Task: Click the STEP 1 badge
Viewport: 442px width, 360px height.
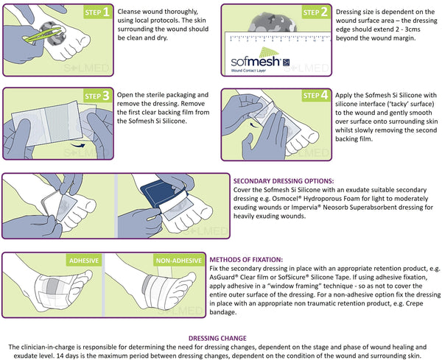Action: click(x=97, y=13)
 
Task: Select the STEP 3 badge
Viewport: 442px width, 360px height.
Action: click(x=97, y=96)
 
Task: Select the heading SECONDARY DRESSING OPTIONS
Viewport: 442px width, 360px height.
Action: click(x=284, y=180)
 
